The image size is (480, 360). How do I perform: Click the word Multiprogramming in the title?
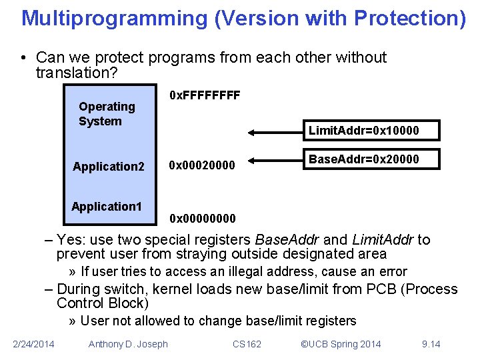[115, 18]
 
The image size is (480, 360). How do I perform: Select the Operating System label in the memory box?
[107, 113]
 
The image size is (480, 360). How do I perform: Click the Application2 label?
[109, 167]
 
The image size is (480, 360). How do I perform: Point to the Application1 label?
[107, 206]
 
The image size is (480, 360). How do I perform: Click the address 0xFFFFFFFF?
[205, 95]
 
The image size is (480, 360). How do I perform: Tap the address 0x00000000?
[202, 218]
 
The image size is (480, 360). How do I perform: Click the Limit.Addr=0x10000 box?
[364, 130]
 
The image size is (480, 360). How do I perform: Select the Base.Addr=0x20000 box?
[363, 159]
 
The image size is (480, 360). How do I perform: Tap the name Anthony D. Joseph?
[128, 343]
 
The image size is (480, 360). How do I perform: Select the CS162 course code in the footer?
[247, 343]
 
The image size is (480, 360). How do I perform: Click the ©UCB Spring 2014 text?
[341, 343]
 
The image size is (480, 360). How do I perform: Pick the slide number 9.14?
[431, 343]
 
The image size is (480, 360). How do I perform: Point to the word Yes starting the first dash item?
[69, 240]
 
